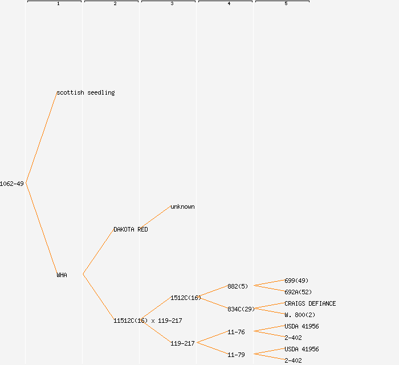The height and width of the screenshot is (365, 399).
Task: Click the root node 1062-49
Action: [x=12, y=184]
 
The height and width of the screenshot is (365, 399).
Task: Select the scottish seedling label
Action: [x=85, y=92]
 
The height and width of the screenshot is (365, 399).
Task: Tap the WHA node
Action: [x=62, y=275]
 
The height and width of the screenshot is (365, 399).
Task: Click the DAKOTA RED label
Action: [x=131, y=229]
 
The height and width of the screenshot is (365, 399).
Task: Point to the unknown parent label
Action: [x=182, y=206]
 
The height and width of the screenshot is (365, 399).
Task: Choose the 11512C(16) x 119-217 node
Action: [x=148, y=321]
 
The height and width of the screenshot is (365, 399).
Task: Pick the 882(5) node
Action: [x=238, y=286]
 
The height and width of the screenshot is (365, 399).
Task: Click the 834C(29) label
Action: [x=241, y=309]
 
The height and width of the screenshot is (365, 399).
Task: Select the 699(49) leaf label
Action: [x=296, y=281]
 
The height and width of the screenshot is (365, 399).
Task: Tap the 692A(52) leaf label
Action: [x=298, y=292]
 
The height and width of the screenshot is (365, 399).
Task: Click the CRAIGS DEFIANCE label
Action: [x=310, y=303]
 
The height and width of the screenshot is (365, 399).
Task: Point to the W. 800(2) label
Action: [x=300, y=315]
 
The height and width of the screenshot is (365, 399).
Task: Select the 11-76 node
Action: [x=236, y=332]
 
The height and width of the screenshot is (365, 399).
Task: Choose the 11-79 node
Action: [x=236, y=355]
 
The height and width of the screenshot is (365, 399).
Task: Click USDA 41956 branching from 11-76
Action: [x=302, y=326]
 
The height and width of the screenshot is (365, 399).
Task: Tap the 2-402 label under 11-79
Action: [x=293, y=360]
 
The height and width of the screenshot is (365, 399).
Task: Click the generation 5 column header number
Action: [x=286, y=4]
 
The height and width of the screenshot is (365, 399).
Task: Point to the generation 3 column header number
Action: [x=172, y=4]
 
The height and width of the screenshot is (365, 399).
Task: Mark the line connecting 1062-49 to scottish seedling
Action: [x=41, y=138]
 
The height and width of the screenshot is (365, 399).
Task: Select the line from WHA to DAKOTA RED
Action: [x=98, y=252]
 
